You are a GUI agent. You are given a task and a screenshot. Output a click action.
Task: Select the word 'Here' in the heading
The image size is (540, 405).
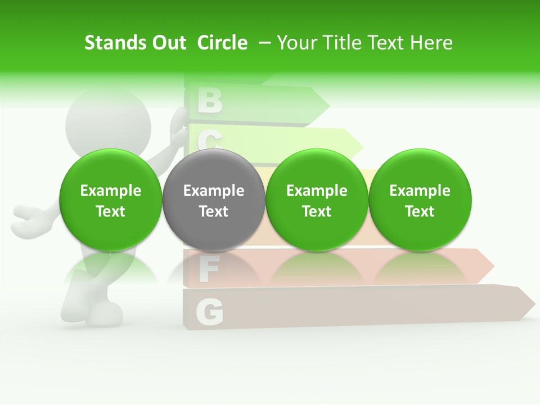(x=431, y=43)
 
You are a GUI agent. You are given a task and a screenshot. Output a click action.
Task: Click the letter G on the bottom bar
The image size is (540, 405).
(x=209, y=312)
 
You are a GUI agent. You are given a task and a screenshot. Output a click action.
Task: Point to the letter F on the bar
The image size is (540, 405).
(x=208, y=270)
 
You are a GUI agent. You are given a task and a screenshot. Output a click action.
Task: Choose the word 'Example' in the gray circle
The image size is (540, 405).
(x=213, y=191)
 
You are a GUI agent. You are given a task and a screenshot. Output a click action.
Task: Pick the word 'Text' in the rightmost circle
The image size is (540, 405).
(x=420, y=211)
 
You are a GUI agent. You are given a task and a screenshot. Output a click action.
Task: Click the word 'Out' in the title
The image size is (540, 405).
(x=168, y=43)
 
